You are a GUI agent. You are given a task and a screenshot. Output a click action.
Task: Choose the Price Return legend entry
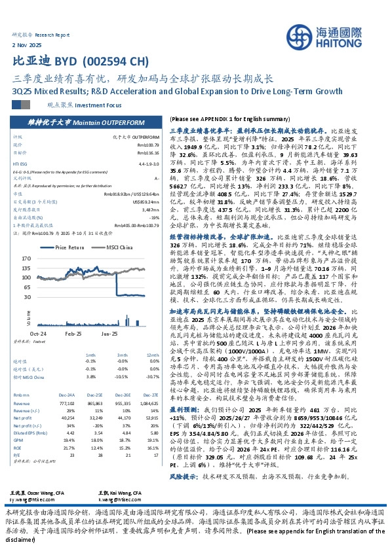pyautogui.click(x=68, y=247)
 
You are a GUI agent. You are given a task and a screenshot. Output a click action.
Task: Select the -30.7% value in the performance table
pyautogui.click(x=153, y=376)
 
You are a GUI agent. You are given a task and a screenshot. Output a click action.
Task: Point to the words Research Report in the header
pyautogui.click(x=51, y=33)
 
